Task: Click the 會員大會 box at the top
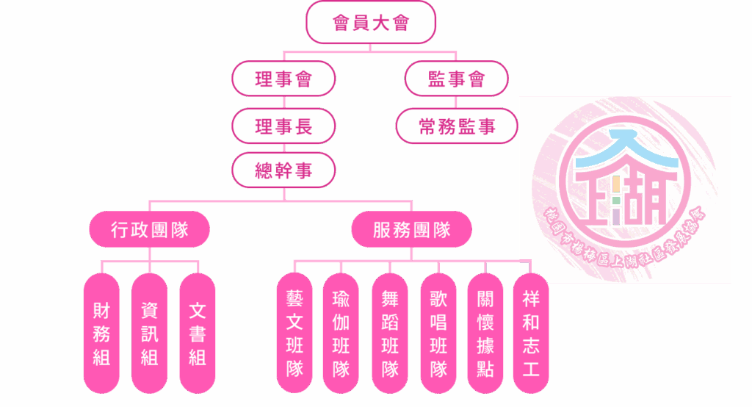(371, 22)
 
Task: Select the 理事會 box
(283, 79)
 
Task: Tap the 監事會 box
(456, 79)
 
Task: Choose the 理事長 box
(283, 126)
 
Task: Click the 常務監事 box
(456, 126)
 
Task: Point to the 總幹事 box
(283, 170)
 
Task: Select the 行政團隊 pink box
(150, 229)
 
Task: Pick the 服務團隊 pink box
(411, 229)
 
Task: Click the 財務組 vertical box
(101, 334)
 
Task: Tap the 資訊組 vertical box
(150, 334)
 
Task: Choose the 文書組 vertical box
(198, 334)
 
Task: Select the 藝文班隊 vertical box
(294, 334)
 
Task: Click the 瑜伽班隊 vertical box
(341, 334)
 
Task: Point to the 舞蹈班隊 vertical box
(390, 334)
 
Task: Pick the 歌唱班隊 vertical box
(438, 334)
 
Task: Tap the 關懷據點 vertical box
(485, 334)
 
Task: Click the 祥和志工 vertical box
(531, 323)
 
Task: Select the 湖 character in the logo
(646, 197)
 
